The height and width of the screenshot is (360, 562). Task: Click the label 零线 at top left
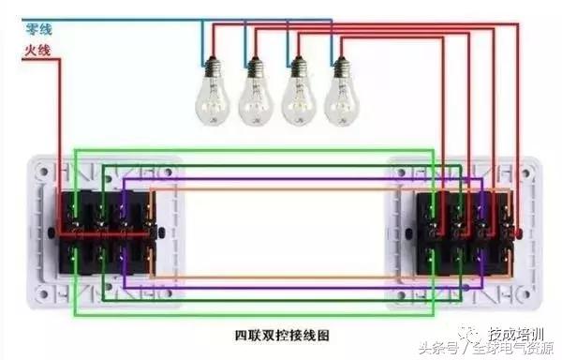tap(37, 30)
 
